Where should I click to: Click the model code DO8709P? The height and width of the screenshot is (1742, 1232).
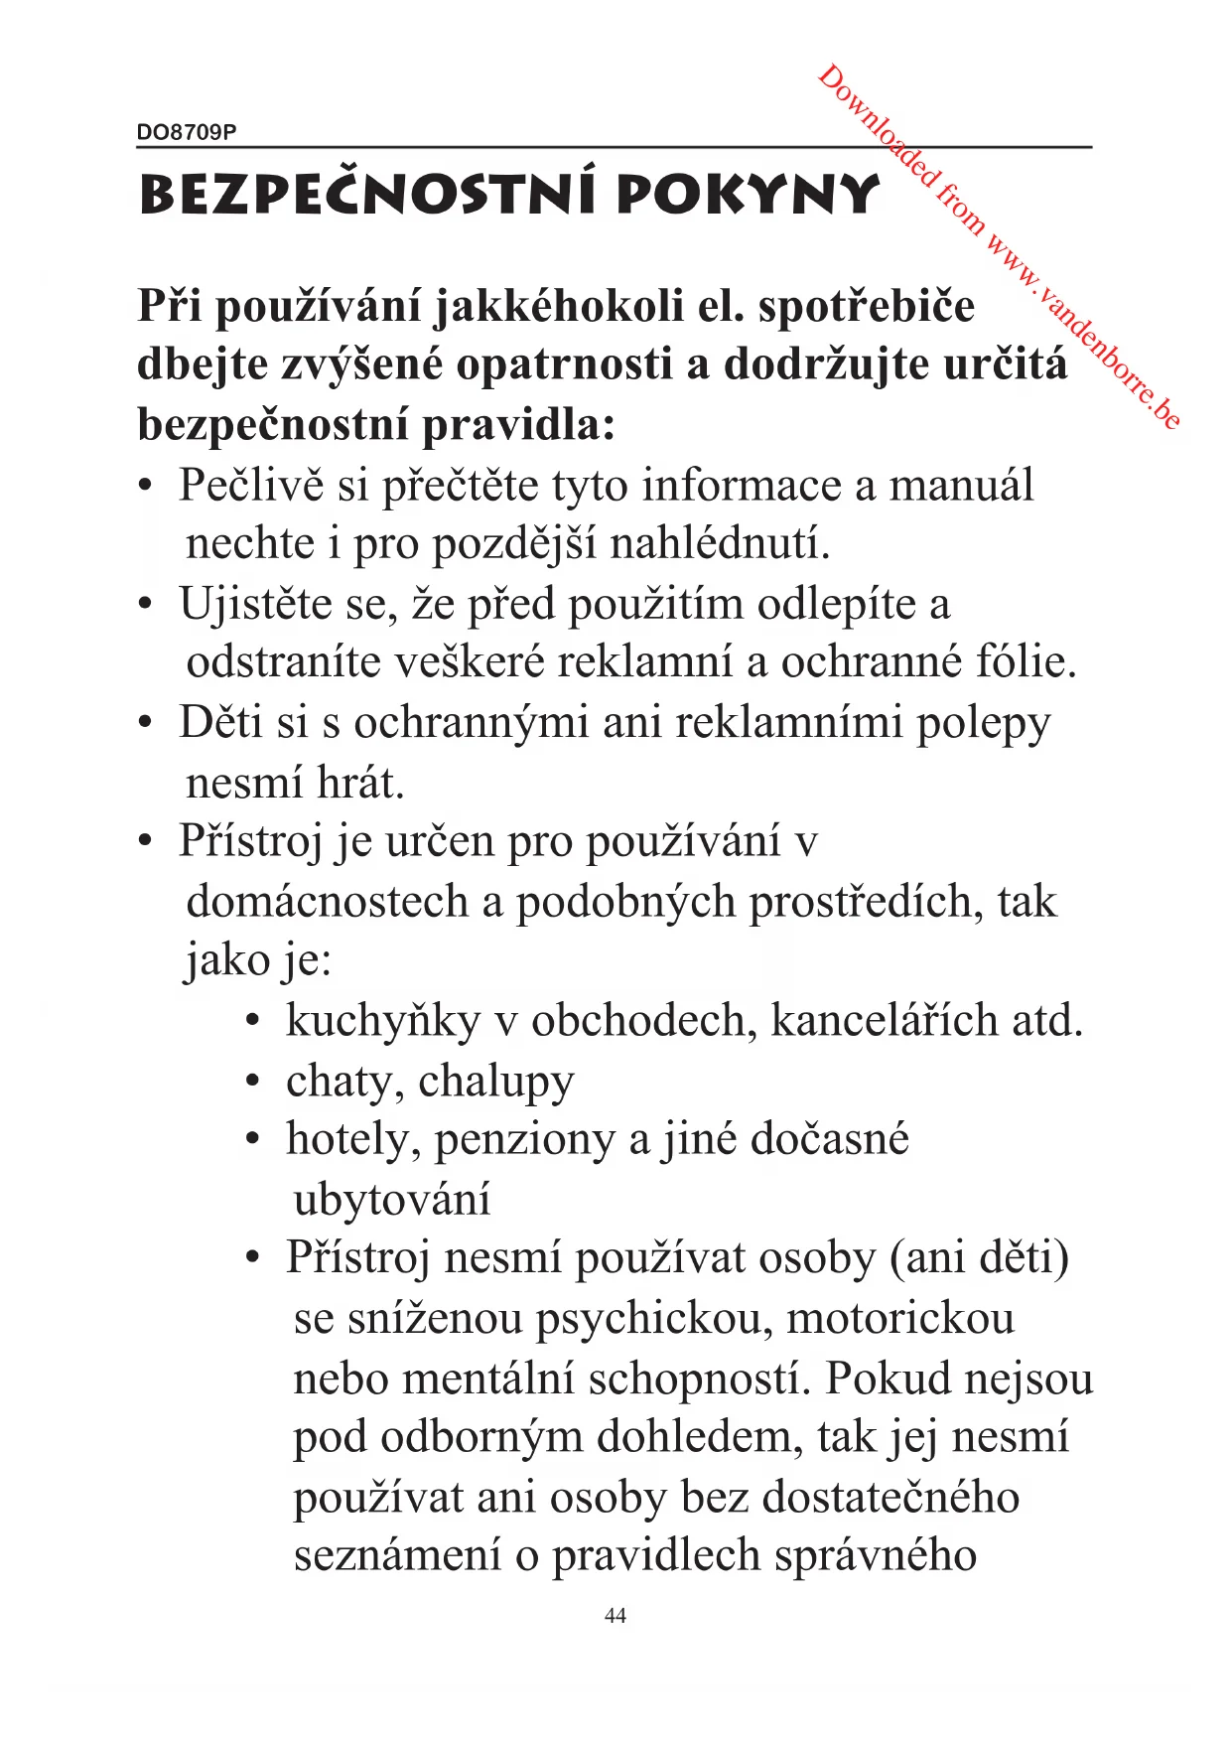click(x=187, y=132)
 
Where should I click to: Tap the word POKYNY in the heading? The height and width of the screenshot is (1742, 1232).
click(x=747, y=195)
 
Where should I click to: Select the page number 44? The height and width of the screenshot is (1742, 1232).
click(x=616, y=1616)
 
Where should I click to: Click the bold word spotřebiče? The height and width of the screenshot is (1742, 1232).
click(x=866, y=307)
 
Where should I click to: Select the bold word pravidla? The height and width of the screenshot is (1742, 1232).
click(x=519, y=425)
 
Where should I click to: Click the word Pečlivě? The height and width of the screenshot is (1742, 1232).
click(x=251, y=486)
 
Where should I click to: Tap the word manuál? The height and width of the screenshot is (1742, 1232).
click(x=961, y=486)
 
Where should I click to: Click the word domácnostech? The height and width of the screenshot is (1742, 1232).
click(x=328, y=902)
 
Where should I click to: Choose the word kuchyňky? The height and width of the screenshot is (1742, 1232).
click(x=382, y=1021)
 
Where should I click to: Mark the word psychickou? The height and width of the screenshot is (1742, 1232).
click(x=654, y=1319)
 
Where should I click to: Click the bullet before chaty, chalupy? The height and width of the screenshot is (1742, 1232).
click(x=254, y=1081)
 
